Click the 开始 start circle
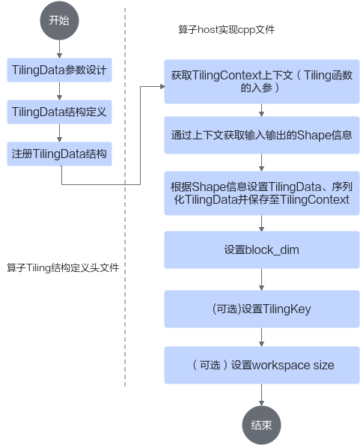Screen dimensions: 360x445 pyautogui.click(x=59, y=20)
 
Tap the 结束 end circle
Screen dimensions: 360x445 pyautogui.click(x=261, y=425)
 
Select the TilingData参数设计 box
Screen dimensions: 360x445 pyautogui.click(x=60, y=70)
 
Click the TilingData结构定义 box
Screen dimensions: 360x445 pyautogui.click(x=60, y=112)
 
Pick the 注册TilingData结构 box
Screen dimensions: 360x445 pyautogui.click(x=60, y=154)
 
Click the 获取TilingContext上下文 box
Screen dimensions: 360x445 pyautogui.click(x=262, y=82)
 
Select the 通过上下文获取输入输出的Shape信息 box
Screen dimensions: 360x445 pyautogui.click(x=262, y=135)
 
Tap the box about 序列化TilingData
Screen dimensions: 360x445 pyautogui.click(x=262, y=193)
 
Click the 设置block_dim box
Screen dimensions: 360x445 pyautogui.click(x=262, y=249)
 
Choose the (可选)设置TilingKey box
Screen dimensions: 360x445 pyautogui.click(x=262, y=309)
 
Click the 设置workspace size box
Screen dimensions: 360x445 pyautogui.click(x=262, y=365)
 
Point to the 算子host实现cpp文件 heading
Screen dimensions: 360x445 pyautogui.click(x=227, y=29)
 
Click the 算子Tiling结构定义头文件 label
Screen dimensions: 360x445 pyautogui.click(x=63, y=267)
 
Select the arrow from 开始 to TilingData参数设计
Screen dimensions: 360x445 pyautogui.click(x=59, y=49)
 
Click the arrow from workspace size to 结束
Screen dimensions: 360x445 pyautogui.click(x=261, y=395)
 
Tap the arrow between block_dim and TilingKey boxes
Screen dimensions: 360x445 pyautogui.click(x=261, y=279)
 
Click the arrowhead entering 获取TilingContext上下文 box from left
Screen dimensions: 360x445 pyautogui.click(x=162, y=86)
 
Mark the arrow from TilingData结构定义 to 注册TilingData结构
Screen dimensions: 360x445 pyautogui.click(x=59, y=133)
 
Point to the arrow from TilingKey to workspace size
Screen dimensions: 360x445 pyautogui.click(x=261, y=337)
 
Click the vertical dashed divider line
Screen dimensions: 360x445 pyautogui.click(x=125, y=197)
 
